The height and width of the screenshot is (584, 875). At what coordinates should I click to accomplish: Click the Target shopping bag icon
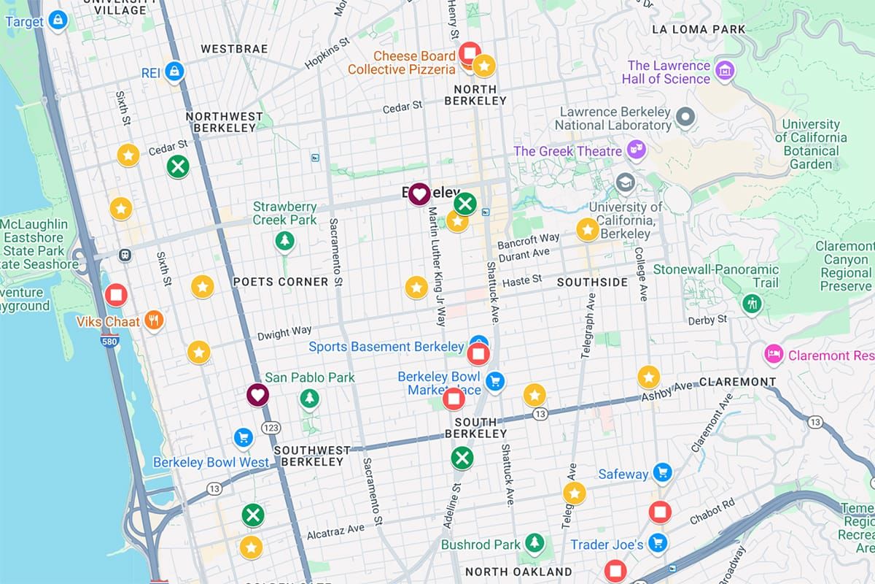pyautogui.click(x=58, y=21)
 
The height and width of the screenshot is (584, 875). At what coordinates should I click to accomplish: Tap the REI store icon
pyautogui.click(x=174, y=72)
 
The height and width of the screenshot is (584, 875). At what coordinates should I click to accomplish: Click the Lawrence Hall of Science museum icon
pyautogui.click(x=724, y=71)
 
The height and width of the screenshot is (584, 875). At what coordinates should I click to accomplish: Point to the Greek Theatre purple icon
pyautogui.click(x=637, y=150)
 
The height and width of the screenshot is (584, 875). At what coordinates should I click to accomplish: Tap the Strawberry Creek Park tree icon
pyautogui.click(x=284, y=241)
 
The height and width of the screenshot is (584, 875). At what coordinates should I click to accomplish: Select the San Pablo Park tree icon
pyautogui.click(x=310, y=399)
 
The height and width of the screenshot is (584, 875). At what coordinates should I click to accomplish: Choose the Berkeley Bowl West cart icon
pyautogui.click(x=244, y=437)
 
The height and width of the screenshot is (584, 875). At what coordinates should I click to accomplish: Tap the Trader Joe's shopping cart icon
pyautogui.click(x=658, y=542)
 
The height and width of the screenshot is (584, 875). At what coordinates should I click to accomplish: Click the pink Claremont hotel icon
pyautogui.click(x=773, y=355)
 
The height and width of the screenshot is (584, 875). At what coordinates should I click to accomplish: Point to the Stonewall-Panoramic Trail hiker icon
pyautogui.click(x=752, y=303)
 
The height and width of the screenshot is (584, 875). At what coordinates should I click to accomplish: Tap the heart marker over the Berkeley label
pyautogui.click(x=419, y=194)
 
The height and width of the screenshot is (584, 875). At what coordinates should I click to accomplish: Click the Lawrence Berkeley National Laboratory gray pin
pyautogui.click(x=685, y=116)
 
